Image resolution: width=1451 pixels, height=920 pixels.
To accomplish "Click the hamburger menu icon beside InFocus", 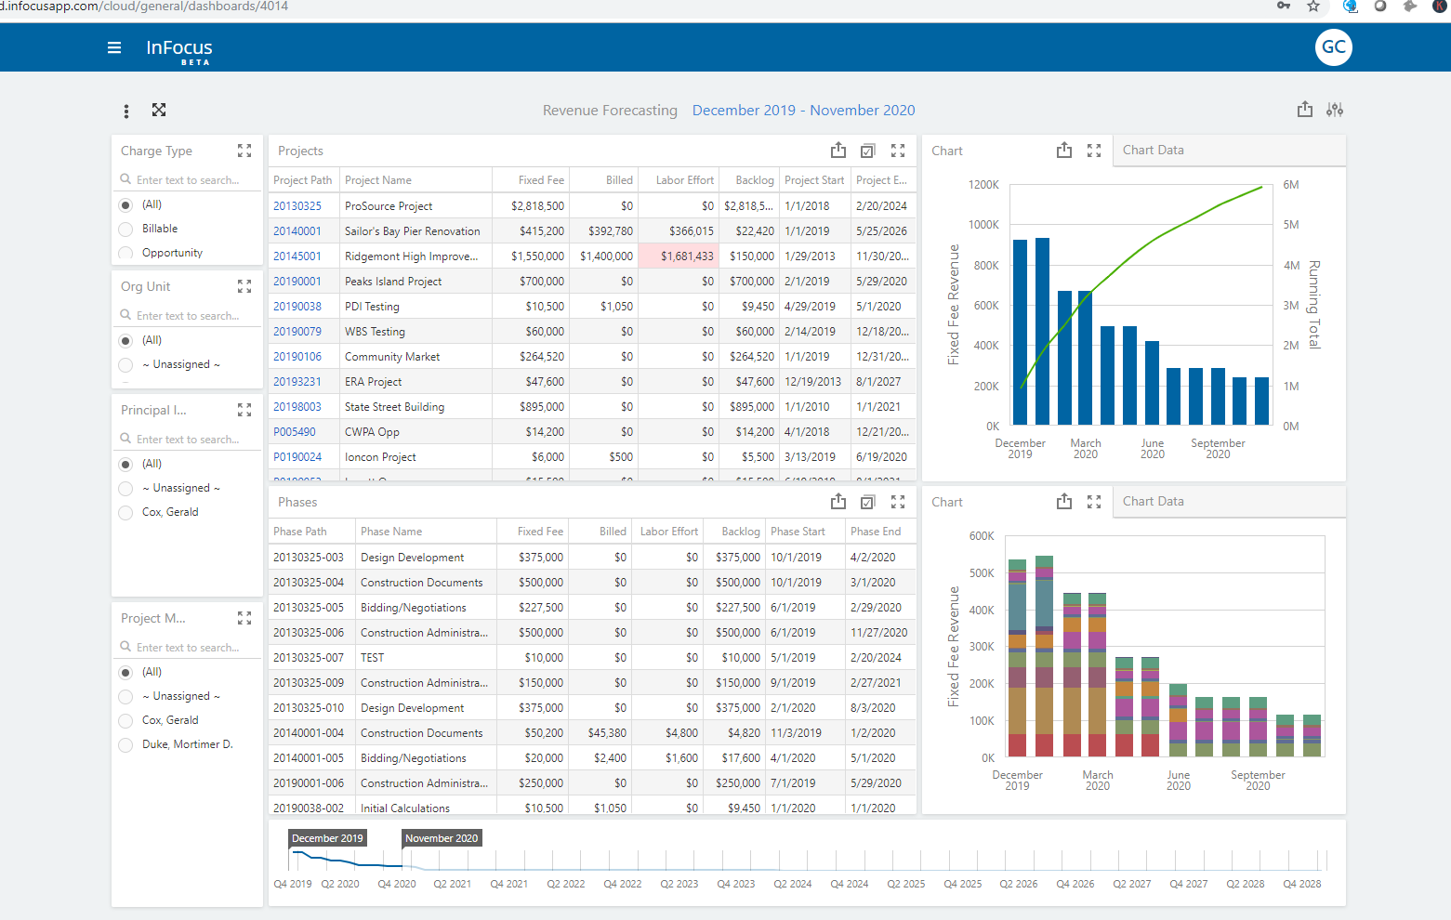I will pos(114,47).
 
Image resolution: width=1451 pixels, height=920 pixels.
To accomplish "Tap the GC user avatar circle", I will pos(1333,47).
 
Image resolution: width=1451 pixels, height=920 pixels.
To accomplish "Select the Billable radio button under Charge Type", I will pos(125,229).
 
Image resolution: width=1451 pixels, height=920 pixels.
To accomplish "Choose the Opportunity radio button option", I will pos(125,253).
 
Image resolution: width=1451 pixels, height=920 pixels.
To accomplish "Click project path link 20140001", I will pos(297,231).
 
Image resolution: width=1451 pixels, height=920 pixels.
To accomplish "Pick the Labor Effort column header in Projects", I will pos(684,180).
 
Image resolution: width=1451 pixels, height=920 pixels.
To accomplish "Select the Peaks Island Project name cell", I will pos(393,282).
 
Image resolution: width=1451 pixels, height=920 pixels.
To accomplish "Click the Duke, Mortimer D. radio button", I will pos(125,744).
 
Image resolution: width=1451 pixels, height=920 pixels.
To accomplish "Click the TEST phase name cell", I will pos(372,658).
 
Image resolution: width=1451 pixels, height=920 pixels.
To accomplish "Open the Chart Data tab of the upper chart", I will pos(1153,151).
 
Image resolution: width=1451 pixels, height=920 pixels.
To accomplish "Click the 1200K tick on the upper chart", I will pos(983,185).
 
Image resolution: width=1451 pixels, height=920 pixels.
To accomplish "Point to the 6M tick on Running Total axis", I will pos(1290,185).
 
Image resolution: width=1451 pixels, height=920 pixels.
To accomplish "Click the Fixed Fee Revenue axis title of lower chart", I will pos(953,646).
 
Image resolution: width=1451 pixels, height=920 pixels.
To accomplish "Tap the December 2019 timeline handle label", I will pos(327,838).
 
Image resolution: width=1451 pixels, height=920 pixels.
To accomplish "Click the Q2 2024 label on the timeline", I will pos(792,884).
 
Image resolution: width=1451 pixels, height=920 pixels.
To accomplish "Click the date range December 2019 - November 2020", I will pos(803,111).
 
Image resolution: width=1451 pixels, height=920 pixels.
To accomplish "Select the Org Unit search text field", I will pos(188,316).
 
